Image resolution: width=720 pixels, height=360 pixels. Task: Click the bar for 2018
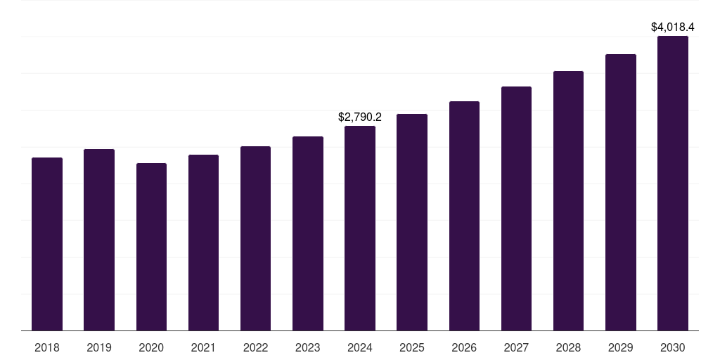tap(47, 244)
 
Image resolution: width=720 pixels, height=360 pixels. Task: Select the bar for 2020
tap(151, 247)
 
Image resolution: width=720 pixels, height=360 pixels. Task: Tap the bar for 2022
tap(255, 238)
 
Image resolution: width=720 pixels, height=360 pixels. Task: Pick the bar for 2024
tap(360, 229)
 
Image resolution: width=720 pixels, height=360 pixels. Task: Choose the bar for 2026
tap(464, 216)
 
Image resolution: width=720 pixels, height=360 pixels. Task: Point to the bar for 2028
tap(568, 201)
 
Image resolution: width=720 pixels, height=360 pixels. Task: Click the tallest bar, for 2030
tap(673, 184)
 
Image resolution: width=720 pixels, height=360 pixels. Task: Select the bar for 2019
tap(99, 240)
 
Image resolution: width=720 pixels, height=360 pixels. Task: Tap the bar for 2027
tap(516, 209)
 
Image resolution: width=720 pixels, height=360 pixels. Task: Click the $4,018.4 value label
tap(673, 27)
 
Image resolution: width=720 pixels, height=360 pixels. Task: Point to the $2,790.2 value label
tap(360, 117)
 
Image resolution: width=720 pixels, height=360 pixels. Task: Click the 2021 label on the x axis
tap(203, 347)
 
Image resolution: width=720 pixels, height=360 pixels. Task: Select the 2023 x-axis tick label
tap(307, 347)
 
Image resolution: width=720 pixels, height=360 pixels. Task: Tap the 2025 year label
tap(412, 347)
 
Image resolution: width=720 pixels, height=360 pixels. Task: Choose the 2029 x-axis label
tap(620, 347)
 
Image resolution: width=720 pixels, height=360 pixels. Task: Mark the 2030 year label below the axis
tap(673, 347)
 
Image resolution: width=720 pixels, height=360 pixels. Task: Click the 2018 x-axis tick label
tap(47, 347)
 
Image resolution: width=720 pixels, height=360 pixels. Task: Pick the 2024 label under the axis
tap(360, 347)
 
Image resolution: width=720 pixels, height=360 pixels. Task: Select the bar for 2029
tap(620, 193)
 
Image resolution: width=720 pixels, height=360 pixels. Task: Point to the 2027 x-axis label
tap(516, 347)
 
